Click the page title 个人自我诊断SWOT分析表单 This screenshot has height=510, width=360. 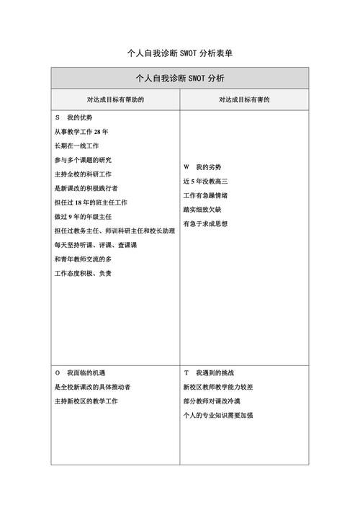[x=180, y=53]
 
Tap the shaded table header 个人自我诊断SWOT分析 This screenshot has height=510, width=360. [x=180, y=78]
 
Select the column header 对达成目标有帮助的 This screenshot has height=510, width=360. [x=115, y=99]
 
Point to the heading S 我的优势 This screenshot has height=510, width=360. [x=73, y=117]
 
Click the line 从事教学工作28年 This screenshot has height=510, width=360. [x=81, y=132]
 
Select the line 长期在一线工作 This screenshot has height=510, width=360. [x=77, y=146]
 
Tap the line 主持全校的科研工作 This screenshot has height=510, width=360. [x=83, y=174]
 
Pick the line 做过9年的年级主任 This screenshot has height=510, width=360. [x=83, y=216]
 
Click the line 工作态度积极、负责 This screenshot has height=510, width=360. [x=83, y=273]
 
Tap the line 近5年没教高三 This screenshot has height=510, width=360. [x=205, y=181]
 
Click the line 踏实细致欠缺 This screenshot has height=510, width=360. [x=205, y=210]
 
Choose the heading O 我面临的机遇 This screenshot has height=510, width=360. [x=80, y=373]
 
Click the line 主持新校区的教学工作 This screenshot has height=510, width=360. [x=86, y=401]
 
